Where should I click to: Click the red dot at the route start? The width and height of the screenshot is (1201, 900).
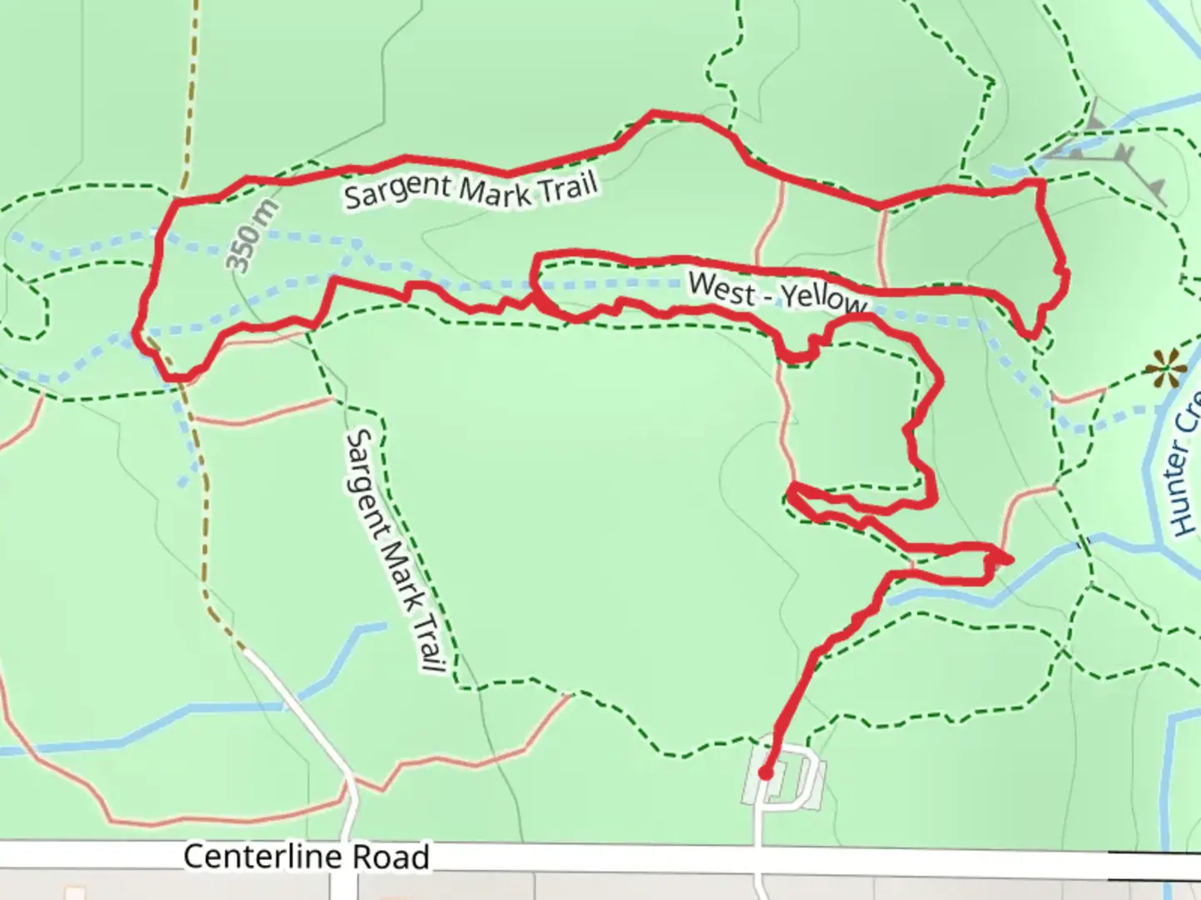[765, 773]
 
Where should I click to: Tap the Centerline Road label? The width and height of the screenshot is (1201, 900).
[306, 857]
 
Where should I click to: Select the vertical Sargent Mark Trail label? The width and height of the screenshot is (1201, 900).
[394, 551]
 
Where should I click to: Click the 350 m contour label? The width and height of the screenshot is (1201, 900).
[252, 237]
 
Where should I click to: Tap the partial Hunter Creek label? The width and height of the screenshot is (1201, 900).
[1183, 475]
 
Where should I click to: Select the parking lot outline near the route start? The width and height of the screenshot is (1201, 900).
[785, 782]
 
